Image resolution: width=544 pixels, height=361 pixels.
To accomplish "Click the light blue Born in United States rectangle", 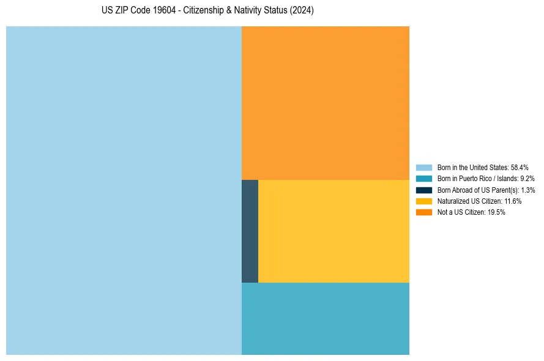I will point(124,190).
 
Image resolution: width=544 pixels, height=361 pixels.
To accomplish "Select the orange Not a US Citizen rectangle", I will point(326,103).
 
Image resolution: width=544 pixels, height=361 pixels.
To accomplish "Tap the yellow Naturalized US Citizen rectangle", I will point(333,231).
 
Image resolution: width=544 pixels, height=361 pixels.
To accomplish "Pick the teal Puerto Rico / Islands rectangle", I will point(326,318).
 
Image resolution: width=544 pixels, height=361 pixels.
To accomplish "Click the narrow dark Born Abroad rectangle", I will point(250,231).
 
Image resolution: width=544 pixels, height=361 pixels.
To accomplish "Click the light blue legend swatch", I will point(424,167).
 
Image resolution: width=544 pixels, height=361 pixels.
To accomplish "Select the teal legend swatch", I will point(424,179).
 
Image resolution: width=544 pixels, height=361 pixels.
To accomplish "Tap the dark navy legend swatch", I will point(424,190).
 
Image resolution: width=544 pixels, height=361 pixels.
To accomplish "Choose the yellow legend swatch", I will point(424,201).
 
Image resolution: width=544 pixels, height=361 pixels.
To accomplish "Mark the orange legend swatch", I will point(424,212).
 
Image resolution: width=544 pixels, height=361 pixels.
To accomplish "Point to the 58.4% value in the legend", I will point(520,167).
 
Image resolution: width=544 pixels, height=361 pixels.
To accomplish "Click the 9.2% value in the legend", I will point(527,179).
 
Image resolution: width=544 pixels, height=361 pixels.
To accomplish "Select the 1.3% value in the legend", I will point(527,190).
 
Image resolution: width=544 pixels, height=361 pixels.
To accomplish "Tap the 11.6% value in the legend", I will point(513,201).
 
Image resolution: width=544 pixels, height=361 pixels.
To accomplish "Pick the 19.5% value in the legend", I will point(496,212).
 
